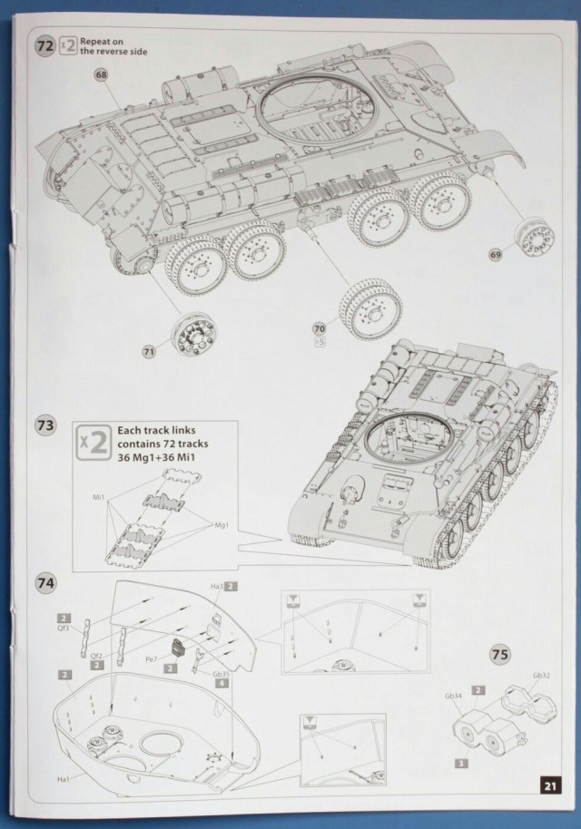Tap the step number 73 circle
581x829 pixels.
(44, 424)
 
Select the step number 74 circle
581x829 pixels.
(44, 583)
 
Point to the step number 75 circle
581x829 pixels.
(497, 653)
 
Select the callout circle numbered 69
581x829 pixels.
(520, 255)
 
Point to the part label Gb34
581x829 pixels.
(453, 696)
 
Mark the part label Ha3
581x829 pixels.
(215, 588)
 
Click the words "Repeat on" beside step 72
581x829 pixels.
(100, 42)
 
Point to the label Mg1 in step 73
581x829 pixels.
(220, 525)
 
